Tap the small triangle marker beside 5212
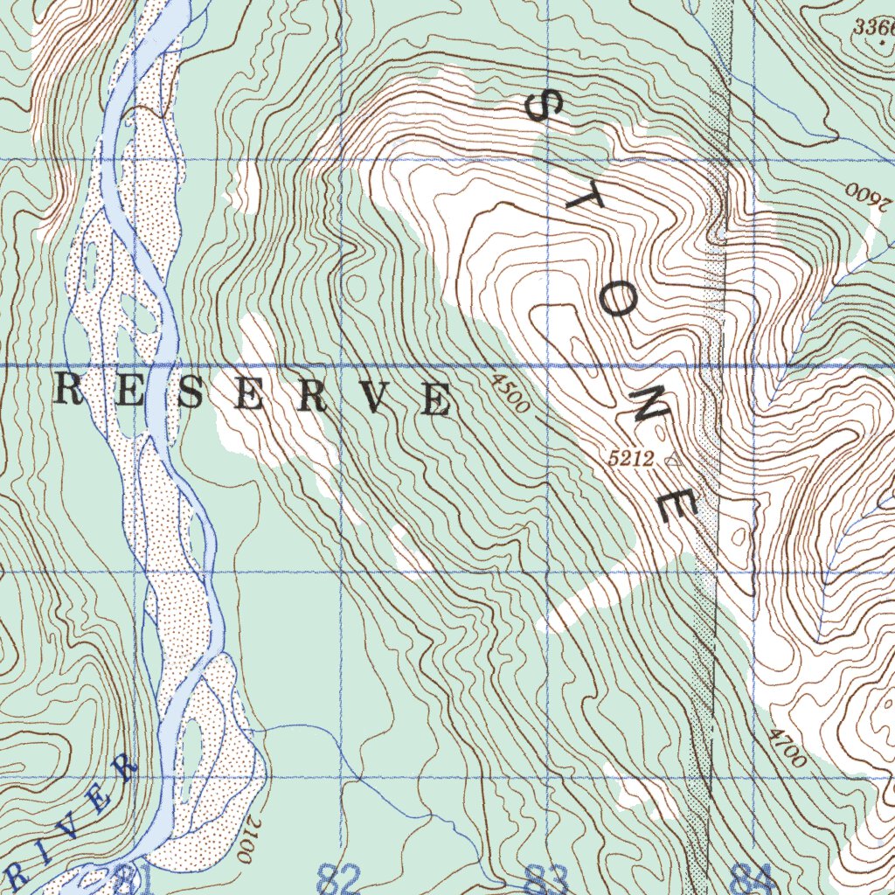pyautogui.click(x=671, y=458)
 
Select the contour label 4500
pyautogui.click(x=510, y=393)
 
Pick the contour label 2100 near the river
pyautogui.click(x=249, y=840)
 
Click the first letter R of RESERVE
pyautogui.click(x=70, y=390)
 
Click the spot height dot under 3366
pyautogui.click(x=884, y=41)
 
